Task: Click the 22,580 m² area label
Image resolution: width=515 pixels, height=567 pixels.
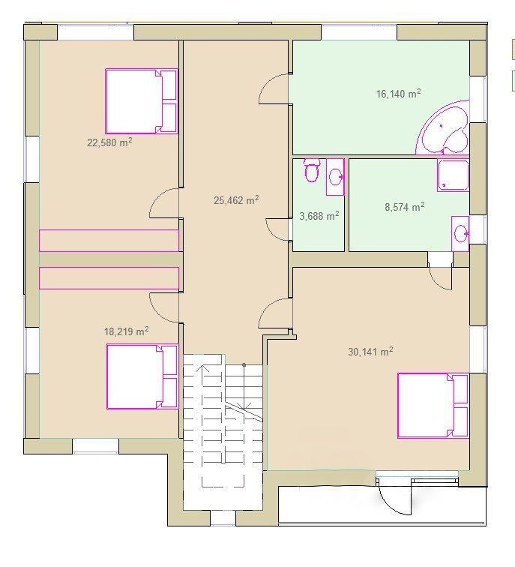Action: (x=109, y=142)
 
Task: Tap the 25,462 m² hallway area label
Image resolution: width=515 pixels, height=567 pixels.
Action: (x=236, y=200)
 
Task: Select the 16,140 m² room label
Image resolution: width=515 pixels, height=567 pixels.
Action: (x=399, y=94)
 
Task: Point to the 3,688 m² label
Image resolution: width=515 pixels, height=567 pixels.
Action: (x=319, y=216)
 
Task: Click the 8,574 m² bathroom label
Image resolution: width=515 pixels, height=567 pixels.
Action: (x=404, y=207)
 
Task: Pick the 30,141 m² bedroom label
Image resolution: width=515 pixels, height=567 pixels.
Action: (x=370, y=352)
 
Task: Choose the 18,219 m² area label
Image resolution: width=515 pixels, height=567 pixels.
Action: (x=126, y=331)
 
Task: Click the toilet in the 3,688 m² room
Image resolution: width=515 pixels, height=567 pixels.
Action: (x=311, y=169)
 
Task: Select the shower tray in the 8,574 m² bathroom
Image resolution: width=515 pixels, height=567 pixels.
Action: (x=453, y=175)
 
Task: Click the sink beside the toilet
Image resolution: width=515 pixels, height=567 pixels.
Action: (x=335, y=177)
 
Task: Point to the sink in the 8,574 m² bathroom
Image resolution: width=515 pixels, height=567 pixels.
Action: (x=460, y=233)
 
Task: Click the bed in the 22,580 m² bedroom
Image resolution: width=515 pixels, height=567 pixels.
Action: (x=142, y=101)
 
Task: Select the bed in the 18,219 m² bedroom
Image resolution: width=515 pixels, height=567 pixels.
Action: (x=142, y=376)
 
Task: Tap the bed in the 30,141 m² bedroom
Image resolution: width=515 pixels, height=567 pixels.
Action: (x=433, y=406)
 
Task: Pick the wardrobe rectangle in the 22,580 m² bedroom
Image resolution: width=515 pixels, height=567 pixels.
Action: (x=109, y=241)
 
